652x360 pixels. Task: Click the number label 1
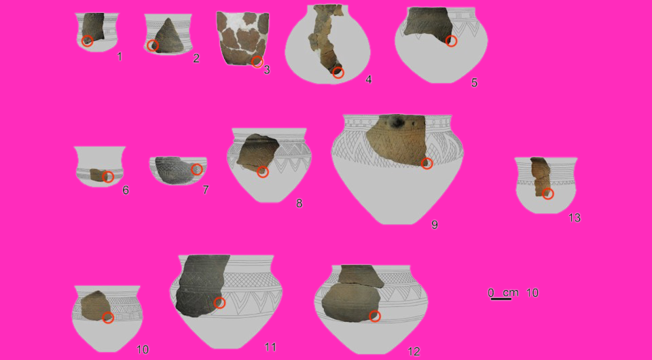coord(120,56)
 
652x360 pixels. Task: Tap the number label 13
coord(575,218)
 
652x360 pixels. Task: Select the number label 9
coord(435,224)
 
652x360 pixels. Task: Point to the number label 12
coord(414,351)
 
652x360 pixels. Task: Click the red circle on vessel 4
coord(338,73)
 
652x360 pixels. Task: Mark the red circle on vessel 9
coord(427,164)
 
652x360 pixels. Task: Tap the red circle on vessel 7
coord(197,168)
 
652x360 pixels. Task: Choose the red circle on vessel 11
coord(219,302)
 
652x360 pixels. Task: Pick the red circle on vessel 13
coord(548,194)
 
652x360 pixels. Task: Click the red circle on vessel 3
coord(257,62)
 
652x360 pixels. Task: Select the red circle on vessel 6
coord(107,177)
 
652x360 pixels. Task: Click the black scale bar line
coord(501,299)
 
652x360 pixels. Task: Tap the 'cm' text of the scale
coord(510,292)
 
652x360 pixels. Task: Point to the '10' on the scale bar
coord(532,293)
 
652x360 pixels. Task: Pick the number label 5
coord(474,83)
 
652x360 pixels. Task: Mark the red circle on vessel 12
coord(374,316)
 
